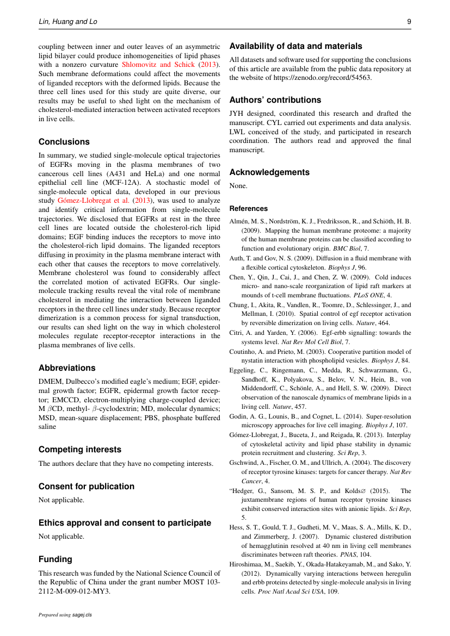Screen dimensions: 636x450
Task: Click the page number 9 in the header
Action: (409, 22)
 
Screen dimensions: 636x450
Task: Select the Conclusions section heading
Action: (64, 142)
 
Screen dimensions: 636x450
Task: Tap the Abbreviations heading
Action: (67, 368)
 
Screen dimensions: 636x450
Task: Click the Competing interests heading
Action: (80, 450)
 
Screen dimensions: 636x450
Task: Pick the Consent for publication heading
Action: (87, 486)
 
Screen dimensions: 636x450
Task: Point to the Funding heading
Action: (55, 559)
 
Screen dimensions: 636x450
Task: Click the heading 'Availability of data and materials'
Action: (295, 46)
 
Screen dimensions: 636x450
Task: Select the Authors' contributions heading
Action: (275, 100)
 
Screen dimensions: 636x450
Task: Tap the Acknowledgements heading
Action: (269, 172)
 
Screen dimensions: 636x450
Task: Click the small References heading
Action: (249, 209)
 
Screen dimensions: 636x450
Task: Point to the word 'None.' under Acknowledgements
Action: (238, 186)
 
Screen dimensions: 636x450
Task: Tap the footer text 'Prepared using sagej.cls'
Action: (65, 615)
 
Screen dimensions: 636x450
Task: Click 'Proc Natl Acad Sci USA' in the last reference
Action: (288, 591)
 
